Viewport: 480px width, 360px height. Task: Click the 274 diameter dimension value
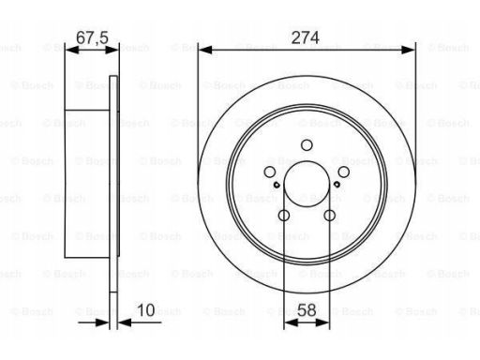pos(305,37)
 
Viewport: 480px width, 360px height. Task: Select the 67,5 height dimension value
pos(92,37)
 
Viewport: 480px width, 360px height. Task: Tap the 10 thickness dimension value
pos(145,310)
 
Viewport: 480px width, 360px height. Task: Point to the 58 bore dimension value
pos(307,310)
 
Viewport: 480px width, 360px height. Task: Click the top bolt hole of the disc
pos(307,145)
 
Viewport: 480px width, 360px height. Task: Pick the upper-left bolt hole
pos(270,172)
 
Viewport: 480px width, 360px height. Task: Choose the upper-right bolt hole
pos(344,172)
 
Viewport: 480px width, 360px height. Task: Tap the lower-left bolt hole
pos(284,215)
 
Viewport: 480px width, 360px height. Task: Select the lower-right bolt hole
pos(330,215)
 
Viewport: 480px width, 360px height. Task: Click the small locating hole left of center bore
pos(277,185)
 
